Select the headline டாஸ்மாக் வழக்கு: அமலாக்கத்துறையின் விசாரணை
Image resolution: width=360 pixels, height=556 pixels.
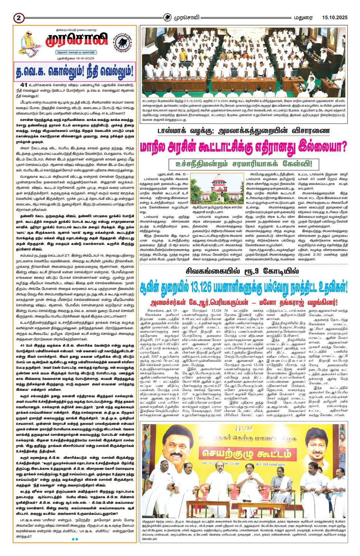pyautogui.click(x=243, y=130)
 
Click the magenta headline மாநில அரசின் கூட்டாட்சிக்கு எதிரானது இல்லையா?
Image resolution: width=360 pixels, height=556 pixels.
pyautogui.click(x=243, y=146)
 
